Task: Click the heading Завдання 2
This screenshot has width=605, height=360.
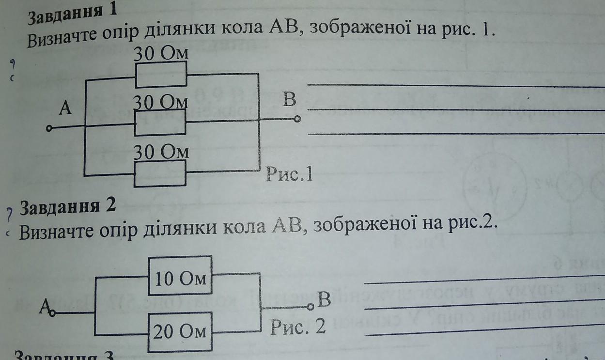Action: (68, 207)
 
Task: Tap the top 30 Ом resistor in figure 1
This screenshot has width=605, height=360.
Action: (160, 75)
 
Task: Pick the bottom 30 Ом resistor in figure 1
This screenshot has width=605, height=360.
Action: (160, 174)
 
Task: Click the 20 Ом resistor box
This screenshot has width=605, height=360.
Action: (180, 331)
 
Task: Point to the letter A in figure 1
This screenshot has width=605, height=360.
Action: (65, 109)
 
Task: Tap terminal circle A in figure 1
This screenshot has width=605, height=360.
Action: (48, 129)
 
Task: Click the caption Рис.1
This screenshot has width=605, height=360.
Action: (289, 174)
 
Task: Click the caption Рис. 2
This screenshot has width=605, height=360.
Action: (298, 329)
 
